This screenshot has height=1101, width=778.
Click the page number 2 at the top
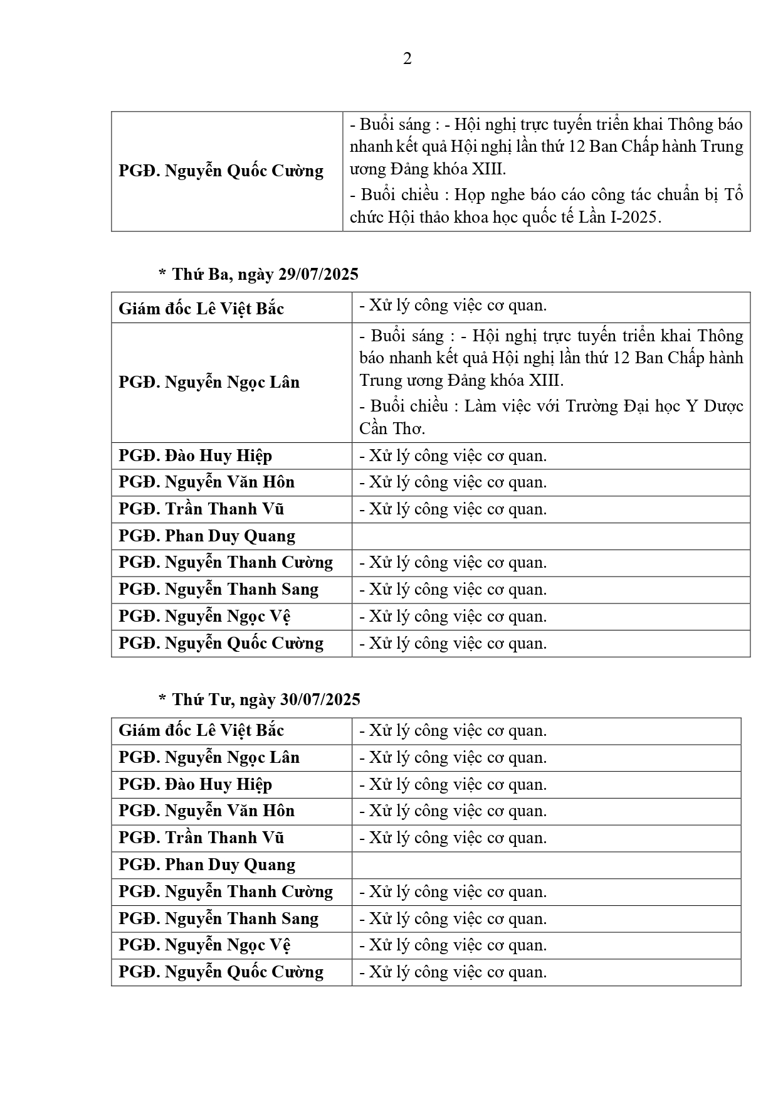coord(407,59)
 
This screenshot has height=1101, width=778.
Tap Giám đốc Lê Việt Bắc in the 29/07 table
coord(201,309)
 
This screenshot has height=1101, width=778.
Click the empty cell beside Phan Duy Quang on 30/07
coord(545,865)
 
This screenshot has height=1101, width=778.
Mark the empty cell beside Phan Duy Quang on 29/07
coord(550,536)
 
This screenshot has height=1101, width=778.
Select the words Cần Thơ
coord(392,429)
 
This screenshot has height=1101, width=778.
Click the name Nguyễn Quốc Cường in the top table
coord(244,171)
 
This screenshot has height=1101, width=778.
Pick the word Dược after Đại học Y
coord(723,407)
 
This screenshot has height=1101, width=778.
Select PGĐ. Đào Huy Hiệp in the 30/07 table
coord(195,784)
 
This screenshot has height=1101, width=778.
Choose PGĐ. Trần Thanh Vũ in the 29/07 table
coord(201,509)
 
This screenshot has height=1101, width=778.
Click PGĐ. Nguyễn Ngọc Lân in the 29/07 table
coord(209,382)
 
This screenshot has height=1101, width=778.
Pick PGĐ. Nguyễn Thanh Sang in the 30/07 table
coord(218,919)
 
